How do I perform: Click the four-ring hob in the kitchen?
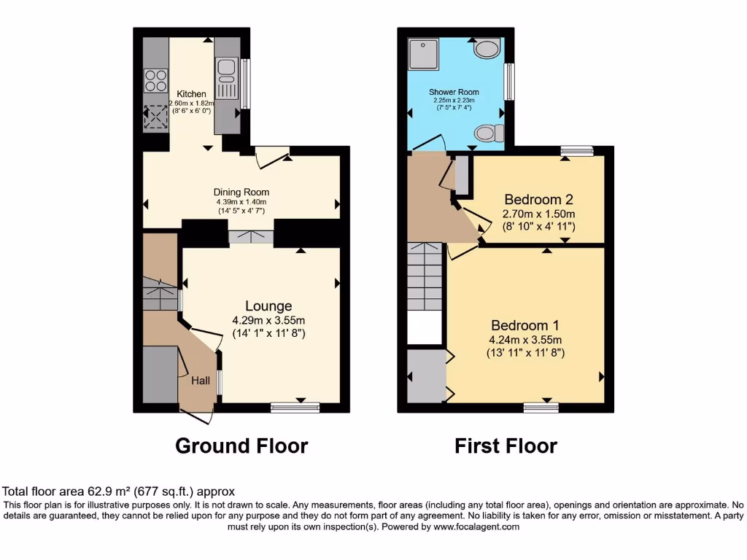point(156,79)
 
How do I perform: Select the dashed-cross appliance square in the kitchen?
point(156,117)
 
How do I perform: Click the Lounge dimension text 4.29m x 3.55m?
point(268,320)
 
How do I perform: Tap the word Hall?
point(201,380)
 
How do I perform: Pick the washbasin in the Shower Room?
point(487,49)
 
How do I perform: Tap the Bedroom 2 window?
point(577,151)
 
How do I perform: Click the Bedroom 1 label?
point(525,325)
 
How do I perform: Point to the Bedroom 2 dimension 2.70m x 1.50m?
point(538,214)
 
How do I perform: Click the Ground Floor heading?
point(241,446)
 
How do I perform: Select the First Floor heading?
point(506,446)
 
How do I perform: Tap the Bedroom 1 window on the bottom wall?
point(536,407)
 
